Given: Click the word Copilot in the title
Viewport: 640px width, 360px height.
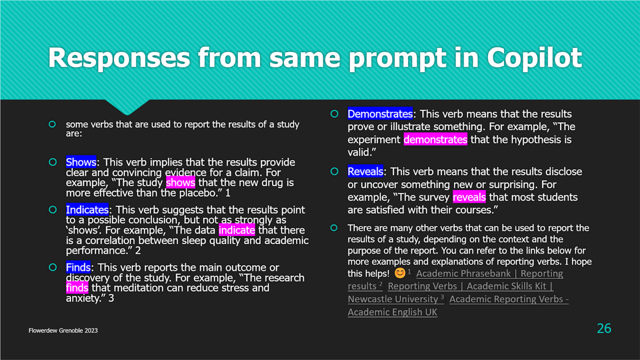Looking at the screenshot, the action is pos(534,58).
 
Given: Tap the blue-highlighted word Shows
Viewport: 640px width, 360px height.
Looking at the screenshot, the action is pos(81,162).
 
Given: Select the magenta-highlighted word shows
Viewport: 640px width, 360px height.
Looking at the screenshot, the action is pos(181,183).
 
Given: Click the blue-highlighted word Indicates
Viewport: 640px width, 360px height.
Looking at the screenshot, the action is pos(87,210).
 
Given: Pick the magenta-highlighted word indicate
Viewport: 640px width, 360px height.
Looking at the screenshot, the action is pos(237,230).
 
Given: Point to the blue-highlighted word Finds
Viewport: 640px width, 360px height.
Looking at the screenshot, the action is pos(78,267).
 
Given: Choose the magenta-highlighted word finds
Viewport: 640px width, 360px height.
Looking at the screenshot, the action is pos(77,288).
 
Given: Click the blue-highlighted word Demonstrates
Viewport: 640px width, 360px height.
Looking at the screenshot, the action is pos(380,114).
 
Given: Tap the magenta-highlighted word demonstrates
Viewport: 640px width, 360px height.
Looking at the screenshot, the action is pos(436,140).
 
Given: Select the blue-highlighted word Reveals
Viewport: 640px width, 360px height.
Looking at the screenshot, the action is pos(365,171).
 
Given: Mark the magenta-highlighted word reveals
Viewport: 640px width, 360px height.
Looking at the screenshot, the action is pos(469,197).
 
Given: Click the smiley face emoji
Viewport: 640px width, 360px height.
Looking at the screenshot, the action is pos(400,273).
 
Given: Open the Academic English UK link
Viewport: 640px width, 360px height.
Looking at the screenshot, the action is pos(392,312).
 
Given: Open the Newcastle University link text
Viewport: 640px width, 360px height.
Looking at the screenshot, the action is pos(393,299).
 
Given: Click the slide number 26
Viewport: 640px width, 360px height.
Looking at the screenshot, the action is pos(604,328).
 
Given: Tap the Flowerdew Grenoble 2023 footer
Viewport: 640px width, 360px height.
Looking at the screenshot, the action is pos(63,331).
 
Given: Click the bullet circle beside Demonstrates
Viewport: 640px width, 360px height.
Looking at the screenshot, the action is pos(334,114).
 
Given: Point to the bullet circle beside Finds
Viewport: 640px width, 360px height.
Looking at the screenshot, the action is pos(53,267).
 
